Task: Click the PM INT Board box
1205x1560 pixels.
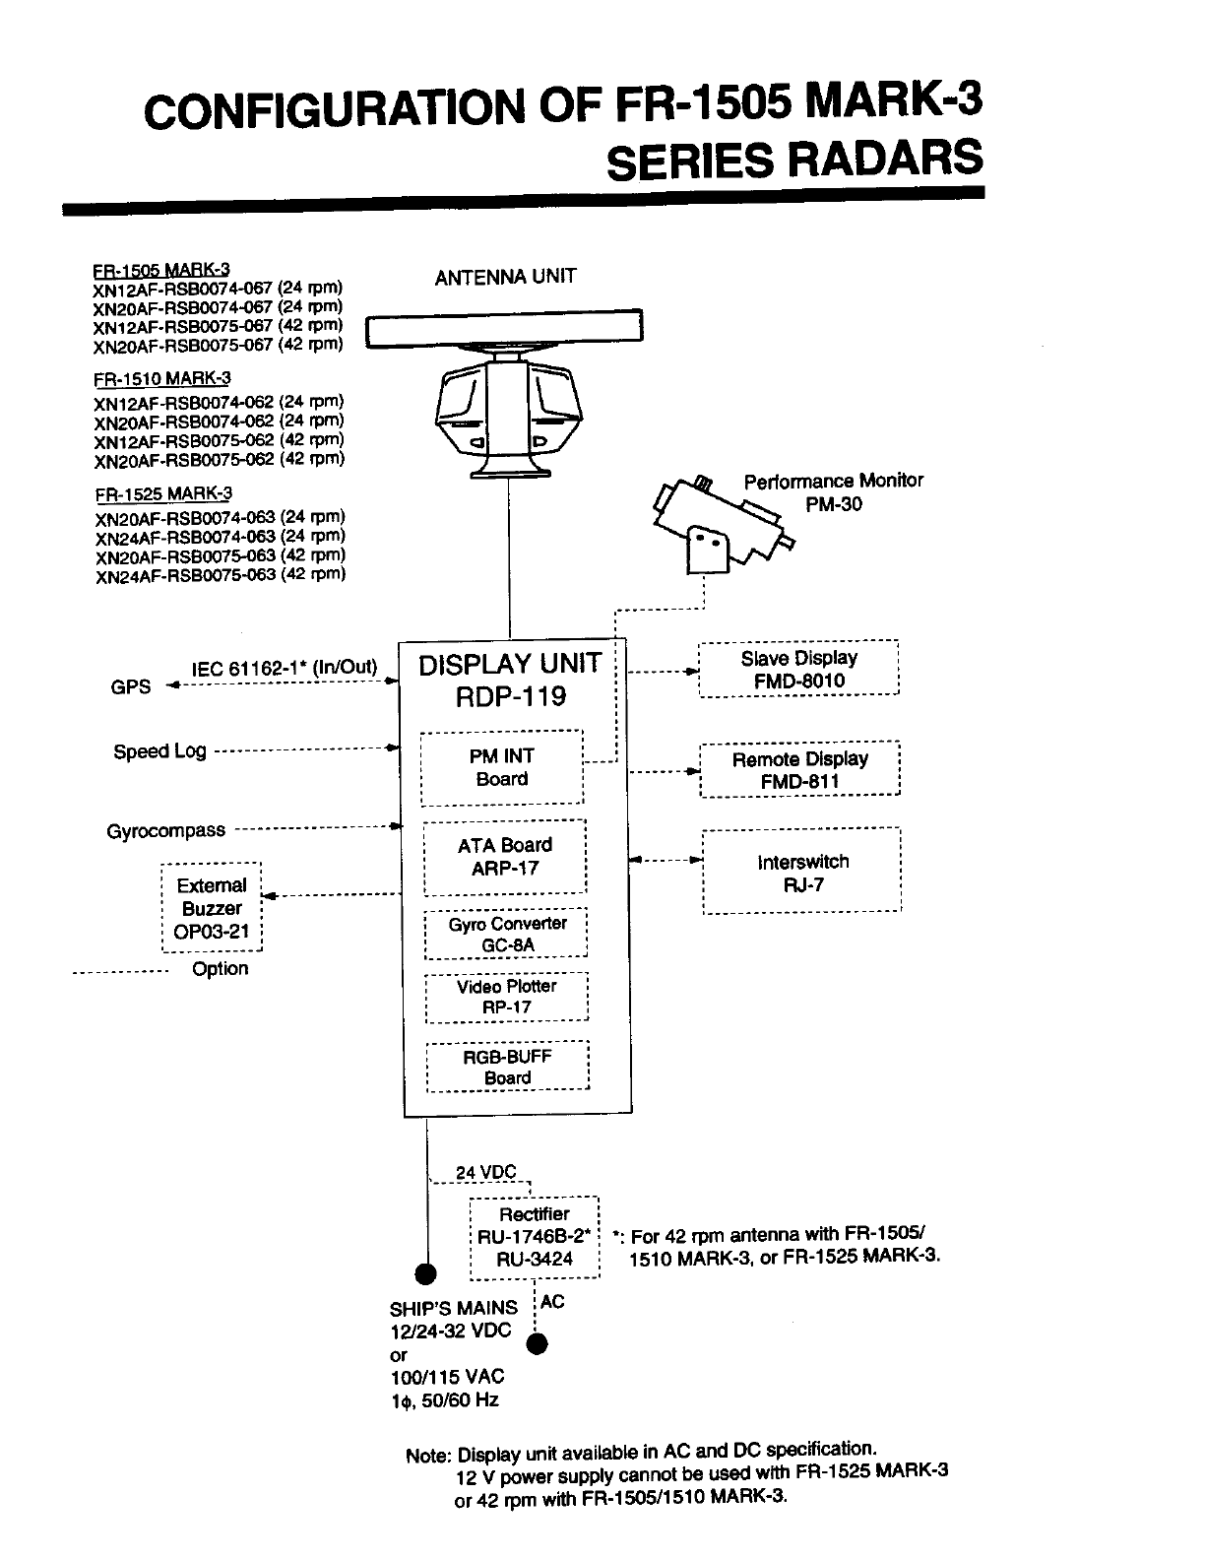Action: (x=502, y=767)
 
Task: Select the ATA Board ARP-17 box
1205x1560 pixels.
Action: (x=504, y=857)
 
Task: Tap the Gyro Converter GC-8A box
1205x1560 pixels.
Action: (x=506, y=934)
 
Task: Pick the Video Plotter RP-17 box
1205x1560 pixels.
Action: (x=506, y=997)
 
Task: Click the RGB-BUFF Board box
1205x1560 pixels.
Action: (x=507, y=1067)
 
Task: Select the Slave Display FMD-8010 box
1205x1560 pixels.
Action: (x=798, y=669)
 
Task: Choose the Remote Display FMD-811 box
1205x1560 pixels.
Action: (x=799, y=769)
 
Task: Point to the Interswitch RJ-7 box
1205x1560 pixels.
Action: (x=802, y=873)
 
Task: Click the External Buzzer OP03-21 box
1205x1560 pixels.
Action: (x=212, y=908)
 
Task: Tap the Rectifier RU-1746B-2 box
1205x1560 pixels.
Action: (x=535, y=1237)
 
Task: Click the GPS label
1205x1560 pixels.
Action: (x=131, y=686)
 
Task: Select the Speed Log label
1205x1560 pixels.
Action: (x=159, y=751)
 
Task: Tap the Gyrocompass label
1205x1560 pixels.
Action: (x=165, y=830)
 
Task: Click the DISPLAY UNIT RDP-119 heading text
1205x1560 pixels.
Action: (x=509, y=680)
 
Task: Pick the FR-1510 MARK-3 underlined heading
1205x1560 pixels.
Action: (x=162, y=378)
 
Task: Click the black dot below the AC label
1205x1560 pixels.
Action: (x=538, y=1343)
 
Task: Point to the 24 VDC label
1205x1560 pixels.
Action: (x=485, y=1172)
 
